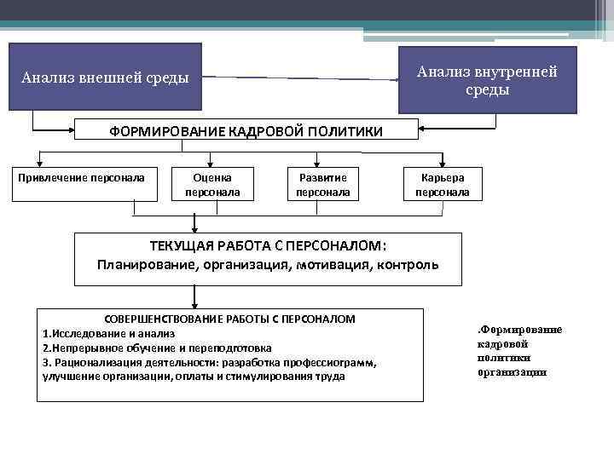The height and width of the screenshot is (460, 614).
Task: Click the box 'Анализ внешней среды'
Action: point(105,78)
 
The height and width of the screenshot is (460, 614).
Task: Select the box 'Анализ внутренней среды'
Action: point(487,79)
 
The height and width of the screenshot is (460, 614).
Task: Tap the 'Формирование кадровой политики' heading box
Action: point(246,130)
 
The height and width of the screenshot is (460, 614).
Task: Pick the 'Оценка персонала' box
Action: point(212,184)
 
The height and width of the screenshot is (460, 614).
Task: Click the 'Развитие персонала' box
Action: point(322,184)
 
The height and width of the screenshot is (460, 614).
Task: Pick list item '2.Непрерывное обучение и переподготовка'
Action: point(157,348)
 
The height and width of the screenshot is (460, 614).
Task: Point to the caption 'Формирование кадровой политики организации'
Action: point(519,350)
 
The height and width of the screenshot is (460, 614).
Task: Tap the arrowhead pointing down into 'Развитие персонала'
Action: point(316,162)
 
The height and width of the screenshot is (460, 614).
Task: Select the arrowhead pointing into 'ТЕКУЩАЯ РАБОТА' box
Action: point(195,228)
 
